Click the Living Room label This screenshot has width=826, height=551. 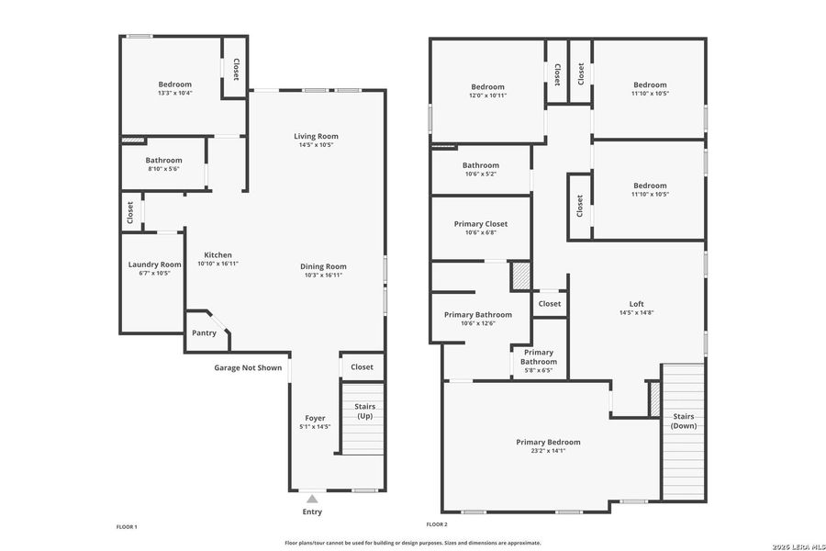(316, 136)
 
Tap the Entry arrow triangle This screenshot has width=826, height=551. (312, 499)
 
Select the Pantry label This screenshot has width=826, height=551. (204, 332)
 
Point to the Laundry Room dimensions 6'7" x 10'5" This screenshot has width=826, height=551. (154, 274)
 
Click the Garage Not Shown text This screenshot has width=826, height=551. (248, 367)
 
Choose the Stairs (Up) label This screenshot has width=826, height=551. (364, 411)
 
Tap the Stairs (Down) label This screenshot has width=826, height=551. (682, 420)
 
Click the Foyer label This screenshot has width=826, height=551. (315, 418)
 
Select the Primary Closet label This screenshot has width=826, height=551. (481, 223)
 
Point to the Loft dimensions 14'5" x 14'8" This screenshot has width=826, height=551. (636, 313)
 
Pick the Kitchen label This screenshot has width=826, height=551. (218, 254)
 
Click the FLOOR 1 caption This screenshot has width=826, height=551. (127, 526)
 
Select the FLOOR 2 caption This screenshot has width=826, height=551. (437, 524)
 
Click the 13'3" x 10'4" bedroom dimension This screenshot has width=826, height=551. (174, 94)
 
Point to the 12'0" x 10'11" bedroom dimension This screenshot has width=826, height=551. (488, 95)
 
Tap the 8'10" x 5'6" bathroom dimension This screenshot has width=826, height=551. (163, 169)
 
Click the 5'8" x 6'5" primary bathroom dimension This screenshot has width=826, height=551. (539, 371)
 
